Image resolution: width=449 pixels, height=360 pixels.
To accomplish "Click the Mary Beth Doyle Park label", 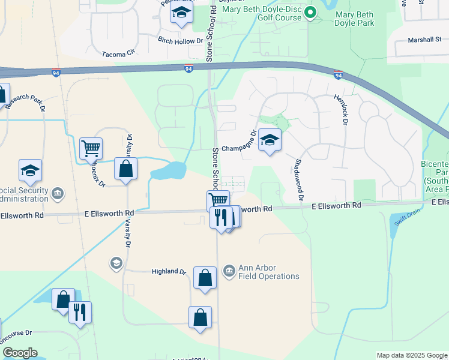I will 355,18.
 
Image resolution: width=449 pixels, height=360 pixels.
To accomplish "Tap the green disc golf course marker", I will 310,12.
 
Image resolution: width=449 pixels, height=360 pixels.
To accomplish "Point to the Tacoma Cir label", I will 120,53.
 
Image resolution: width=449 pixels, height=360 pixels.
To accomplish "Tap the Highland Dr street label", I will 169,272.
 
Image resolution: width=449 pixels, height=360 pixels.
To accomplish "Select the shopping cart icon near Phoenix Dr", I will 91,147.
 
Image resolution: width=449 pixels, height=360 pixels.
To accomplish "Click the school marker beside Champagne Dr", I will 270,141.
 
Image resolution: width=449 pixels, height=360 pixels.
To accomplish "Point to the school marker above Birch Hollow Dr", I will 181,13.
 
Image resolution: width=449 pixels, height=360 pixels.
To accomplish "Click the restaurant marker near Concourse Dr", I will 80,313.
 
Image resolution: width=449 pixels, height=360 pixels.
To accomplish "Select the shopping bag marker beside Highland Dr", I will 205,278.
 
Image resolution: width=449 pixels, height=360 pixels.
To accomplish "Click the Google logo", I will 20,353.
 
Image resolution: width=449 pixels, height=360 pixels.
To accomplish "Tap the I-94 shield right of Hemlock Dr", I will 339,75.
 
